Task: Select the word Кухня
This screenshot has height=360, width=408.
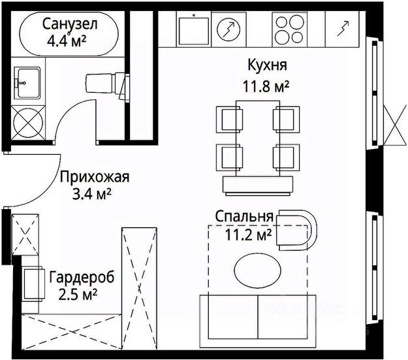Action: pos(268,65)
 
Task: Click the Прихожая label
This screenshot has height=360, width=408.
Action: pos(95,176)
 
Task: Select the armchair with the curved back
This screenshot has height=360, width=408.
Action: pos(297,229)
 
